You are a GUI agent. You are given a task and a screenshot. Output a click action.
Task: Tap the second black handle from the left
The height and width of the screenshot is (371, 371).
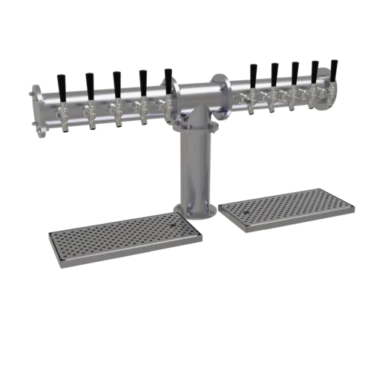[x=89, y=84]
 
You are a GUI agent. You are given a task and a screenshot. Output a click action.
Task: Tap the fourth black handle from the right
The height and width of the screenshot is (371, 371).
[x=275, y=74]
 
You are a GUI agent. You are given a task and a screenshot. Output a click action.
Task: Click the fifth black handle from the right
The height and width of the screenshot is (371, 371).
[x=255, y=76]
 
